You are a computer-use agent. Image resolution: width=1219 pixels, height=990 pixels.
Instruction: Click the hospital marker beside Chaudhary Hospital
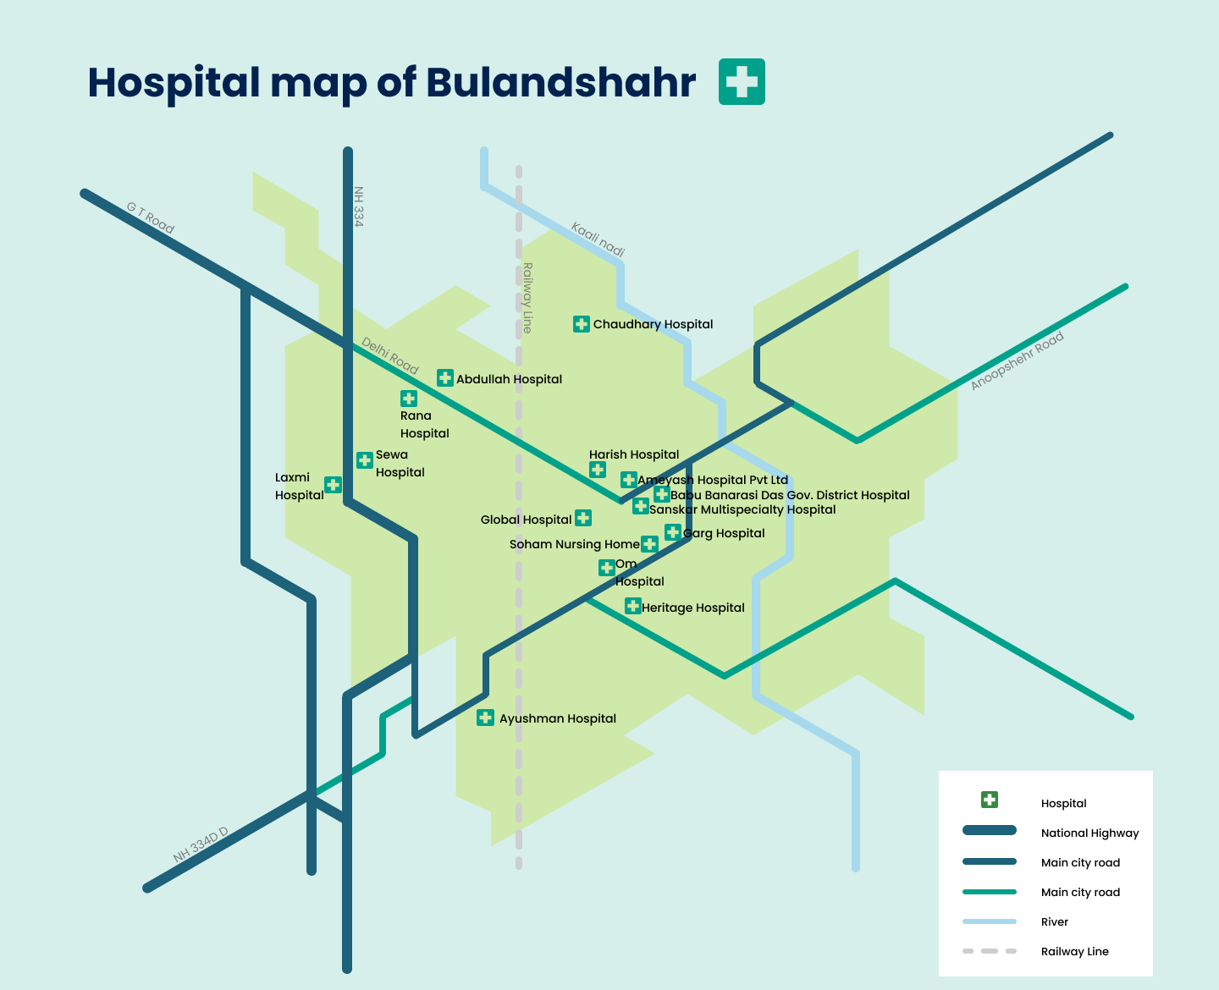[x=581, y=324]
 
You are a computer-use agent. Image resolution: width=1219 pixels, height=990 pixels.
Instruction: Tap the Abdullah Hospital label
[x=509, y=379]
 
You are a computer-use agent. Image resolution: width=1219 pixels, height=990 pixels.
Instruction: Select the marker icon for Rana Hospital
[x=409, y=399]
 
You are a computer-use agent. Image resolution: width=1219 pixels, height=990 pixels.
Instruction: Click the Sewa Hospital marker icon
[x=365, y=460]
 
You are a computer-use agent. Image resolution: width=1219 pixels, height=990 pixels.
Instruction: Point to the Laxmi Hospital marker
[x=334, y=485]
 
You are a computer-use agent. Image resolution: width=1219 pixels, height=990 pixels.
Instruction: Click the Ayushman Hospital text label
[x=557, y=718]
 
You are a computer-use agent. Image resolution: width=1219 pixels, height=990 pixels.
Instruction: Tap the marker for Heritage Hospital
[x=632, y=606]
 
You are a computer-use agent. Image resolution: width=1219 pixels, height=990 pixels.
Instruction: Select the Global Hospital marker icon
[x=583, y=518]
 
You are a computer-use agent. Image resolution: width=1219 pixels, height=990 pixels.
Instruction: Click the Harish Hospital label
[x=634, y=454]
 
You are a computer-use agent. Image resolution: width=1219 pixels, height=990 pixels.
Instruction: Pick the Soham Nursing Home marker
[x=649, y=543]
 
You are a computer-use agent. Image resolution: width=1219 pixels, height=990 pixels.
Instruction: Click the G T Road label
[x=151, y=217]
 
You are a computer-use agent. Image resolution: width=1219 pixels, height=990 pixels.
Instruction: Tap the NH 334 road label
[x=359, y=206]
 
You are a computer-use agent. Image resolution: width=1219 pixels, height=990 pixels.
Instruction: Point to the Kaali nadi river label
[x=598, y=239]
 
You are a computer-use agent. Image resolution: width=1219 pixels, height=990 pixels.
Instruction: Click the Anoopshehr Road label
[x=1017, y=361]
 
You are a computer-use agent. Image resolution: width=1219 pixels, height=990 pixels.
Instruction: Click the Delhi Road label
[x=390, y=355]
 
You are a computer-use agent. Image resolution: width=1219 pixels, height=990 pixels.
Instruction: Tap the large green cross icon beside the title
[x=742, y=82]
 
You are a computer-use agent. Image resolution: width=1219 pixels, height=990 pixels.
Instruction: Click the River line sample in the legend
[x=989, y=921]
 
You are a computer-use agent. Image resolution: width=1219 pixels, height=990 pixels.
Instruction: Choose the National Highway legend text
[x=1089, y=833]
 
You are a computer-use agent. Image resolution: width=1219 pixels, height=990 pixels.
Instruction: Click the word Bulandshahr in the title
[x=560, y=82]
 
